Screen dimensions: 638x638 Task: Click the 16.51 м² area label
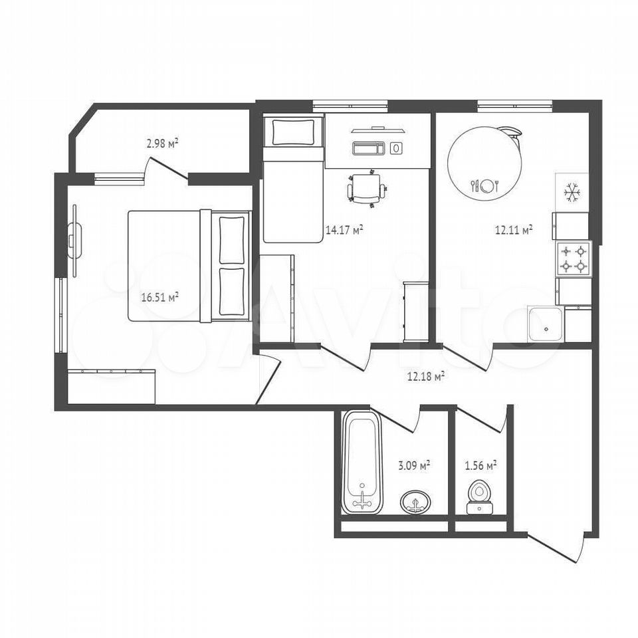(160, 297)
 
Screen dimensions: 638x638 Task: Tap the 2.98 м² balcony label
(162, 143)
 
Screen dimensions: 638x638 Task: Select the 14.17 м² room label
(344, 231)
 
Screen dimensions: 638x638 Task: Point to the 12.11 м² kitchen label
(514, 231)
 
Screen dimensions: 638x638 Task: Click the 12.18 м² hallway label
(425, 376)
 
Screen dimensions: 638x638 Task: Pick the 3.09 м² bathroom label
(414, 465)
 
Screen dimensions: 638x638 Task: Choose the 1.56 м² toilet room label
(480, 465)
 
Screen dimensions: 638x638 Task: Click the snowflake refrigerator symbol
(572, 193)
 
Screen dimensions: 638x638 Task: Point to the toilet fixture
(479, 498)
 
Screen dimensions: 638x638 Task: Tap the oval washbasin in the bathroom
(415, 502)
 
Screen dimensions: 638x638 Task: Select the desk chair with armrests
(366, 188)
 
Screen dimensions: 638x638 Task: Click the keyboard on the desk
(369, 148)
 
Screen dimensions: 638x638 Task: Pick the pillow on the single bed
(293, 132)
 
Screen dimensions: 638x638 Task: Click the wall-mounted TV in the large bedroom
(74, 241)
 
